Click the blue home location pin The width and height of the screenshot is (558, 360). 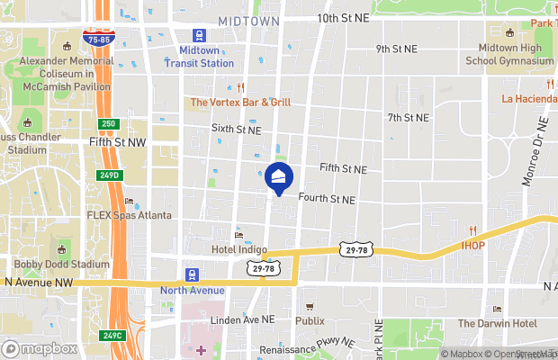(x=279, y=177)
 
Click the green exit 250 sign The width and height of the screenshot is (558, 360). (x=107, y=123)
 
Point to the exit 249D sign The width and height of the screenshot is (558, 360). (x=108, y=175)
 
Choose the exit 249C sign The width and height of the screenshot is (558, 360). (x=112, y=336)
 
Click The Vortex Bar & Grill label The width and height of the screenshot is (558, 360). (x=240, y=103)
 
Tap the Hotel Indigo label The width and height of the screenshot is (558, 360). (x=237, y=248)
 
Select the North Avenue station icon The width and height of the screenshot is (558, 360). (x=192, y=274)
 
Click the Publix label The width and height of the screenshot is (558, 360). (x=310, y=320)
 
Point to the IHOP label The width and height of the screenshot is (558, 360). (x=473, y=244)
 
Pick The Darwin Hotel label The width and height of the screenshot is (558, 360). (x=497, y=324)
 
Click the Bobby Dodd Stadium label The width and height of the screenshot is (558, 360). (x=62, y=265)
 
